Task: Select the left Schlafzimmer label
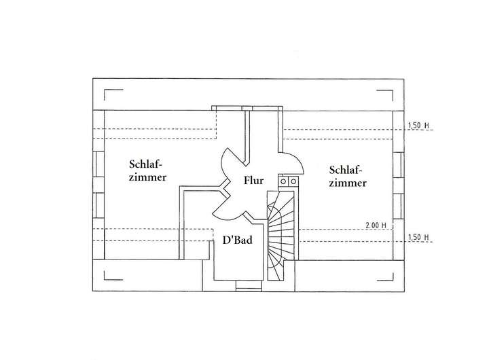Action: [x=148, y=169]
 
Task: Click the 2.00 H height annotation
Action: [x=376, y=225]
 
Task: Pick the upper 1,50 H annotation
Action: [x=418, y=126]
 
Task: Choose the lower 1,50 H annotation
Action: [x=418, y=238]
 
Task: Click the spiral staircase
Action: [x=280, y=234]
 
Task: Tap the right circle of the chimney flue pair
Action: [x=293, y=181]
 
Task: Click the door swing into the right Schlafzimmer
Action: [x=292, y=162]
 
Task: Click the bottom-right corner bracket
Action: [x=386, y=274]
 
